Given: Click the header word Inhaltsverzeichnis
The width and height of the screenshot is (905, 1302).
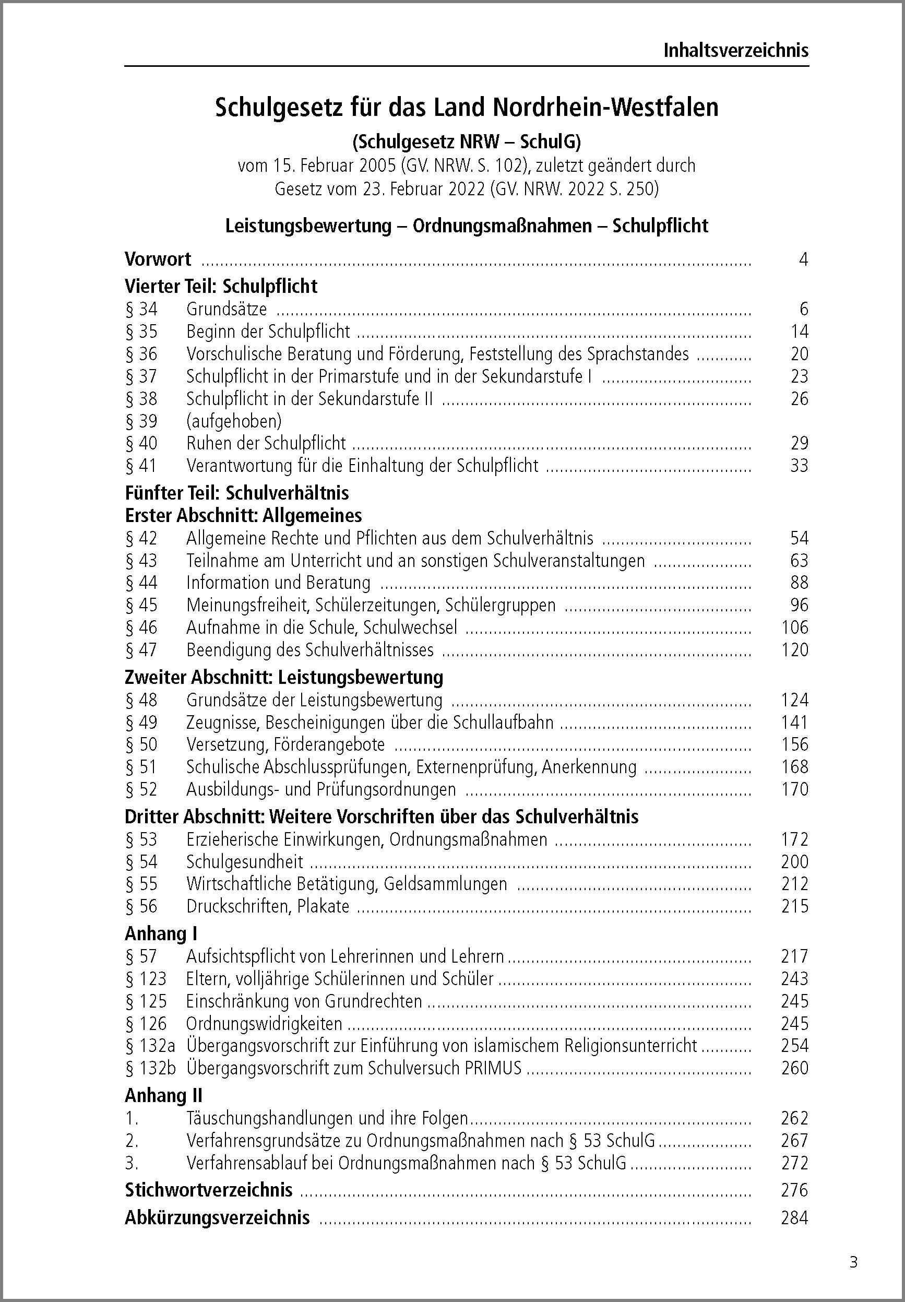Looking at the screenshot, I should [x=735, y=51].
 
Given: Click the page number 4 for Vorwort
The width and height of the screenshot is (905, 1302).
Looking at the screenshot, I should [x=802, y=259].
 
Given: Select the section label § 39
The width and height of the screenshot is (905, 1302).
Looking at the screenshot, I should [x=141, y=421].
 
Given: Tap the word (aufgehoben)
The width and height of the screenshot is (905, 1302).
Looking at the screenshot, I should [x=234, y=421].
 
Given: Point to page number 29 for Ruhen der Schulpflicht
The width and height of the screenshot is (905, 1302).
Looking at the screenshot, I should [x=799, y=443].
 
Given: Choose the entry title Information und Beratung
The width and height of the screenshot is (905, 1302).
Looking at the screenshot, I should [x=278, y=583].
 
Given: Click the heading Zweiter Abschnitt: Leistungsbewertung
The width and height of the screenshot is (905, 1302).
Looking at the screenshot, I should [x=283, y=677].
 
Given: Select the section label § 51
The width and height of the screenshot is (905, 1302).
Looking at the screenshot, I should [x=141, y=767].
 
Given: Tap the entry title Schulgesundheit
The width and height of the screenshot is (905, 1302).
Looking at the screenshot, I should [x=244, y=861].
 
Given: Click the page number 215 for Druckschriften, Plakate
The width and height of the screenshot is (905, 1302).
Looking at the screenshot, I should [x=794, y=906].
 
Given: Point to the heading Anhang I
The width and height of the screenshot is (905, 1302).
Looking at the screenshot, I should [x=161, y=933].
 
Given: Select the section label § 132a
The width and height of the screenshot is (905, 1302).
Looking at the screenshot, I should [x=150, y=1045].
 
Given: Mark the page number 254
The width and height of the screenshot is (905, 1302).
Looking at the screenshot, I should [x=794, y=1045].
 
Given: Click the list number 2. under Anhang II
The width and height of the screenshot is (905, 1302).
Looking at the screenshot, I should [x=132, y=1140].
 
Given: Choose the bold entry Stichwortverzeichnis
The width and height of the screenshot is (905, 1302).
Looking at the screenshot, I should [x=209, y=1190].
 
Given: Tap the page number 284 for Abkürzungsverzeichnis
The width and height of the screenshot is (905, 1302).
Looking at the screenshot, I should [x=794, y=1217].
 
